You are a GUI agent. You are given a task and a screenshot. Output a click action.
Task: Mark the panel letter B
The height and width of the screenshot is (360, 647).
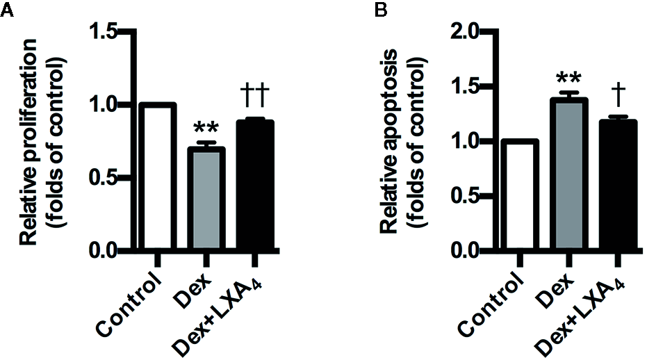click(382, 10)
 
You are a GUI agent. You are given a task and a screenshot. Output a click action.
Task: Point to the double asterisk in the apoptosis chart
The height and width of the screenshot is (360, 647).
click(568, 79)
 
